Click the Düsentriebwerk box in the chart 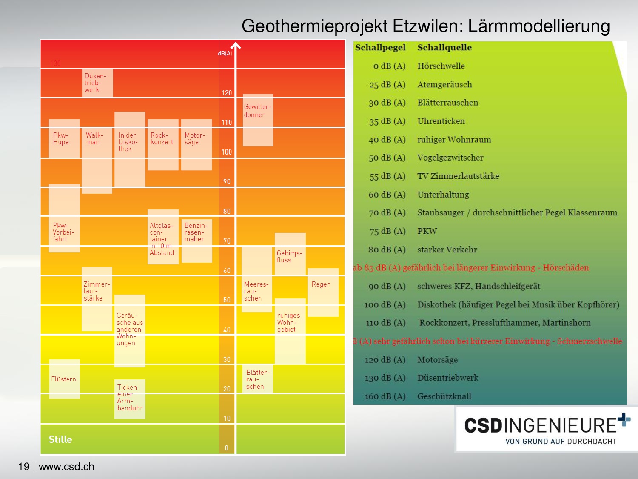97,83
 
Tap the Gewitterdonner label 257,111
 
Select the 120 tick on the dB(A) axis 227,93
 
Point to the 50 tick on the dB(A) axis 227,300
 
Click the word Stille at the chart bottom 60,439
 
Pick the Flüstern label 64,379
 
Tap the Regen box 322,292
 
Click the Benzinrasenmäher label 196,232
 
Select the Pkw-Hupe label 61,139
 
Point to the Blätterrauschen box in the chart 258,379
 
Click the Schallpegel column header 380,48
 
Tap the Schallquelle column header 444,48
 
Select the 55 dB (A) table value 387,176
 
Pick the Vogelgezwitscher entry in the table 450,158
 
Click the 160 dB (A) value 385,396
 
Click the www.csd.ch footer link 66,467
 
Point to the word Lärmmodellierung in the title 538,26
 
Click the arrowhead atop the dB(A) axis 236,45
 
